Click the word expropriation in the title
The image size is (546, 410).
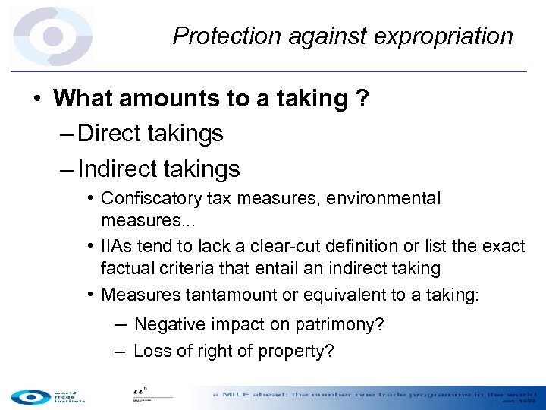point(450,36)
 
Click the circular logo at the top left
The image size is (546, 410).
point(52,36)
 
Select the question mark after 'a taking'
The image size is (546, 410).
point(362,99)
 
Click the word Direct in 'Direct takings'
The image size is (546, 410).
point(111,134)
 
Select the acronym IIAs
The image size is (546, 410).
point(118,247)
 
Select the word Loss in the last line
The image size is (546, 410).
point(150,352)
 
